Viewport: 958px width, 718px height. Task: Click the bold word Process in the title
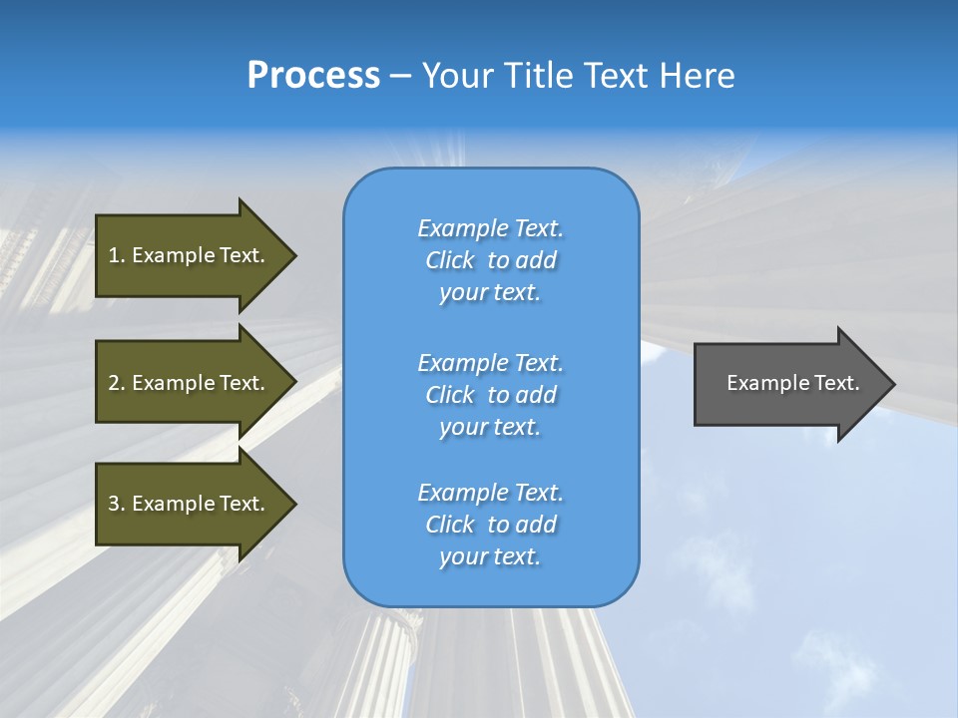313,76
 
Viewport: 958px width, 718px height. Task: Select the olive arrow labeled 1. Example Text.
190,255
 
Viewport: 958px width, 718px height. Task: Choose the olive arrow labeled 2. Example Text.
190,383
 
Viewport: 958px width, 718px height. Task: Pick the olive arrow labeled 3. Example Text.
190,504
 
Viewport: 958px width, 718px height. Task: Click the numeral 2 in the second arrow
114,383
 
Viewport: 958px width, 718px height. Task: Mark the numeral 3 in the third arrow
114,504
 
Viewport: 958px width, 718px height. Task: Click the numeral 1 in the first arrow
114,255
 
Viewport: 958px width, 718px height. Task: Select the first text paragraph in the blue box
490,260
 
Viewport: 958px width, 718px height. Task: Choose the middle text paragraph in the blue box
490,395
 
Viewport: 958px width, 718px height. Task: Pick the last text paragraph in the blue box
490,525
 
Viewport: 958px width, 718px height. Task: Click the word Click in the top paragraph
450,261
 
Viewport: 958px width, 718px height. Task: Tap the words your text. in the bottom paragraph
490,557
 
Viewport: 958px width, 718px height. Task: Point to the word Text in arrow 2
241,383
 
